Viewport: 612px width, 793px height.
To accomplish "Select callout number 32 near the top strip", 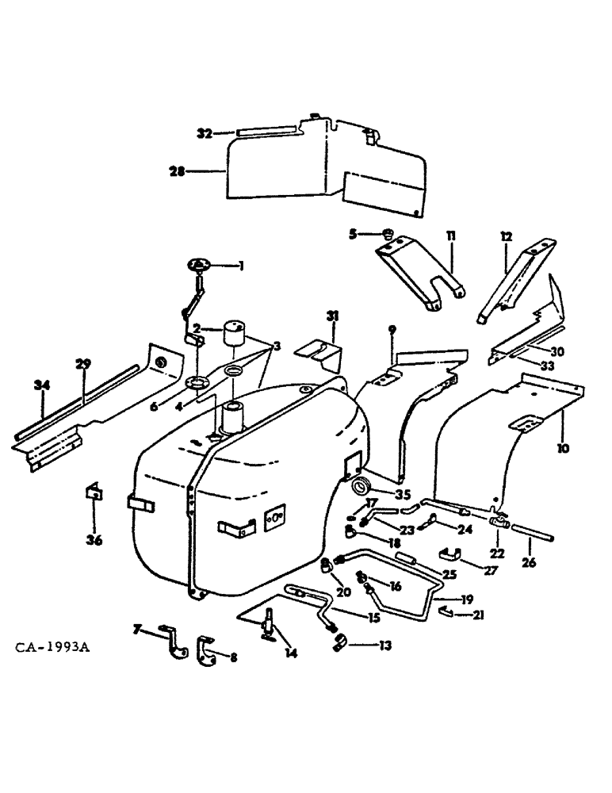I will tap(205, 134).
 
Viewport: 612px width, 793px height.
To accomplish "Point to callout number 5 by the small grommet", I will tap(354, 233).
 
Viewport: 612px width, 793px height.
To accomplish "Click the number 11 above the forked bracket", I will tap(450, 236).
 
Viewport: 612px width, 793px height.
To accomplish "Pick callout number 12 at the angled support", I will tap(507, 236).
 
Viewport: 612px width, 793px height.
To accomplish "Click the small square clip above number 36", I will tap(93, 492).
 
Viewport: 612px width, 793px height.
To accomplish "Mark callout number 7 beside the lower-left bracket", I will tap(137, 630).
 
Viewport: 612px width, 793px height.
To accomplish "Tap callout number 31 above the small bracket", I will tap(332, 316).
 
